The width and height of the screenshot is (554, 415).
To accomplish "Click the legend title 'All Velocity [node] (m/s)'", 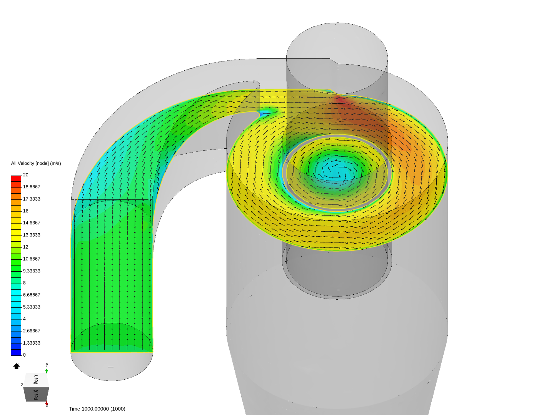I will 36,163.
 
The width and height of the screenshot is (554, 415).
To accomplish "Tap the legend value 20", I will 26,175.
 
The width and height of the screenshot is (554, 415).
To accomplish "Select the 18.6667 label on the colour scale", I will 32,187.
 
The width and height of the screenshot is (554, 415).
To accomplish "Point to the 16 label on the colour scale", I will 26,211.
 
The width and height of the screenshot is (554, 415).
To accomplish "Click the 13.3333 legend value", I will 32,235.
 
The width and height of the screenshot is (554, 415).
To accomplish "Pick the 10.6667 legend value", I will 32,259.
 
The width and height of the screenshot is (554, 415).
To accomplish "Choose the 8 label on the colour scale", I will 25,283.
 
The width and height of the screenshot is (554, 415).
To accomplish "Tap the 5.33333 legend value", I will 32,307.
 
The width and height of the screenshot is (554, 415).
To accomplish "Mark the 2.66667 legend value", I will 32,331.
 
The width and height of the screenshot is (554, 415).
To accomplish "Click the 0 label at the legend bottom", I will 24,355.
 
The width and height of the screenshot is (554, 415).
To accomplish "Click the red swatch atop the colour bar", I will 16,178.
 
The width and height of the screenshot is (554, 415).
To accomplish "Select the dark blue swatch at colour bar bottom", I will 16,352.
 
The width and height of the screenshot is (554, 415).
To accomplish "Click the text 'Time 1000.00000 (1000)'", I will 97,409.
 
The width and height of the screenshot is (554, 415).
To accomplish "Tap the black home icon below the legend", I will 16,366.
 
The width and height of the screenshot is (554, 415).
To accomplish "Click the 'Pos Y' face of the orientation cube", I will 36,380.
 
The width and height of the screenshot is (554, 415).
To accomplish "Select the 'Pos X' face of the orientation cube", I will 36,394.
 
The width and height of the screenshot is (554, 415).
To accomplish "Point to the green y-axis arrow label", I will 47,365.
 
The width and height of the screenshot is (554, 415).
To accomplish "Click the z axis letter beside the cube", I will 22,385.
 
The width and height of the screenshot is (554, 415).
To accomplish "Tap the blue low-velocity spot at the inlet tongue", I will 265,113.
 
